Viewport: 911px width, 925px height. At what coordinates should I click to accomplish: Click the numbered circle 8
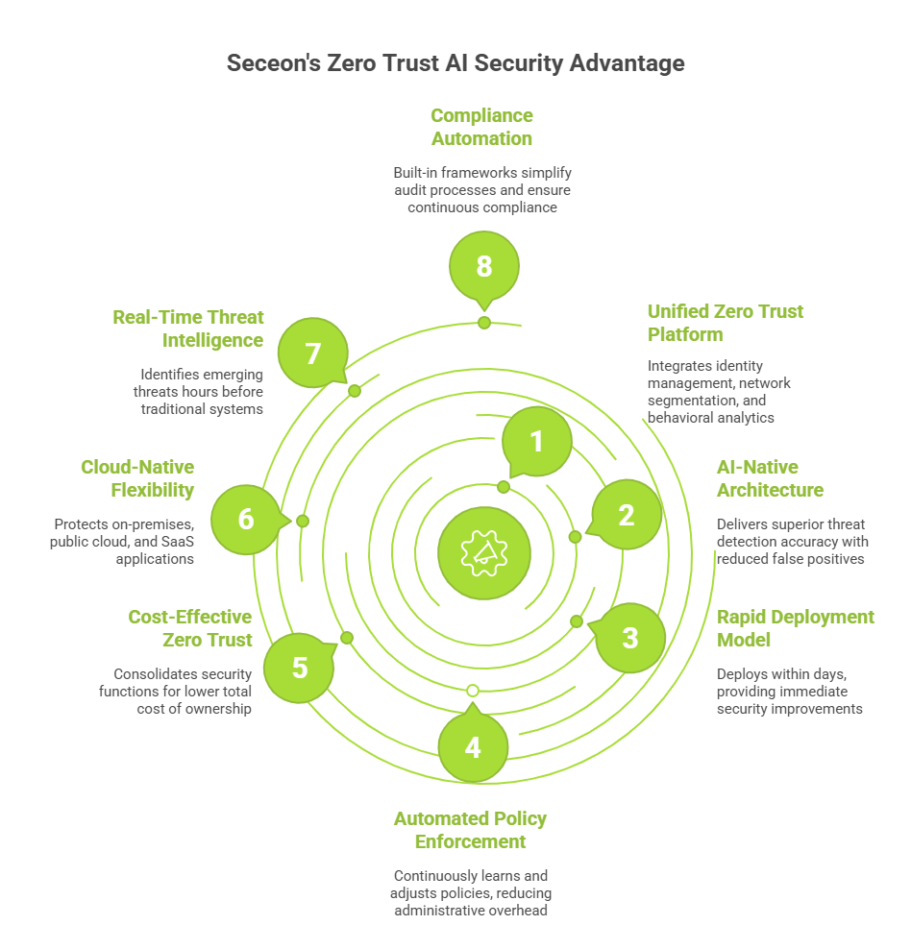click(x=484, y=266)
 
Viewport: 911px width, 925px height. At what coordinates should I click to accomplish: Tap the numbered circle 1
click(x=536, y=441)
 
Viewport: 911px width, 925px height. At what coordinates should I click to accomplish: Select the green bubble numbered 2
click(x=626, y=515)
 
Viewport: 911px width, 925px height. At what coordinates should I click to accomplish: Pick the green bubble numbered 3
click(x=629, y=637)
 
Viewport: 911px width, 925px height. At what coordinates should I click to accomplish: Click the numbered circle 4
click(x=473, y=746)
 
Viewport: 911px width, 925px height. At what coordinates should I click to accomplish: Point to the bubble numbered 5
click(x=300, y=667)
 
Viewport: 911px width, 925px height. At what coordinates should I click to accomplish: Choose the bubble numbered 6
click(x=246, y=520)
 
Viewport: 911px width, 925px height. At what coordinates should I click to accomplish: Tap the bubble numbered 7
click(x=312, y=353)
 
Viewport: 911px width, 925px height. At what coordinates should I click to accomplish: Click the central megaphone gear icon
click(x=483, y=551)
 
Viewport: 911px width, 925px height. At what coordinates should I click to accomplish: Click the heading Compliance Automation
click(x=481, y=127)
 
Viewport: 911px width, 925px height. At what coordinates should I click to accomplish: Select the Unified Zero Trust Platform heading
click(x=725, y=323)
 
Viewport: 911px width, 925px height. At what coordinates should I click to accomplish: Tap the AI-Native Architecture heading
click(x=770, y=478)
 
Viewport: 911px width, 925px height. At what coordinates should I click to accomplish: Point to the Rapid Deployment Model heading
click(x=795, y=628)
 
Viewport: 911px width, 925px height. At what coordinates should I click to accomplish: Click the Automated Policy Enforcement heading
click(x=470, y=830)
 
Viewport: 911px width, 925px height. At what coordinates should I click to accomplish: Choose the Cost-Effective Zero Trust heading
click(x=190, y=628)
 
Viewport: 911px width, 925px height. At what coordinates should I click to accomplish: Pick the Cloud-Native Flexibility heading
click(x=137, y=478)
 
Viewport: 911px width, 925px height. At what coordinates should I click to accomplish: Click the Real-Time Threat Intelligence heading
click(x=187, y=329)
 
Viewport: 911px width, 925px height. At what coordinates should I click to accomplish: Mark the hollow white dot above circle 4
click(x=472, y=691)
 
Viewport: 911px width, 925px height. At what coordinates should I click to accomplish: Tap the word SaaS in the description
click(x=178, y=543)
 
